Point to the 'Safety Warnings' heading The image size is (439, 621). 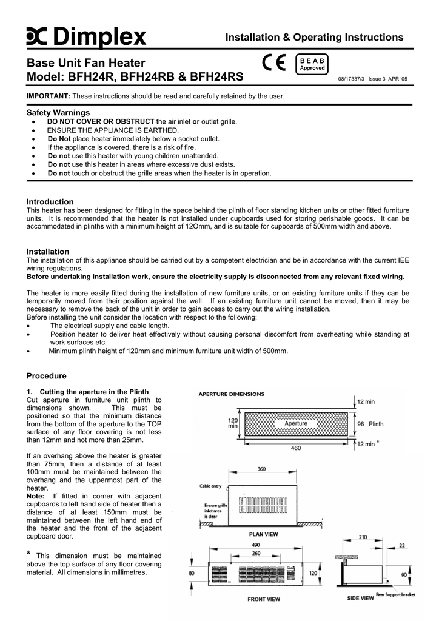(x=58, y=112)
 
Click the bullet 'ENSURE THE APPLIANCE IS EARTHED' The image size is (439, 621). (x=113, y=130)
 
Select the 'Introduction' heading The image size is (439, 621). (x=50, y=201)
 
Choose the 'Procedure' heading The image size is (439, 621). (x=47, y=375)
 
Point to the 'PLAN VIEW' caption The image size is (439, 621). (x=264, y=534)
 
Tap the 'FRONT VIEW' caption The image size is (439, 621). (x=264, y=599)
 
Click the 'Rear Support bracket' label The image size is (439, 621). (x=395, y=594)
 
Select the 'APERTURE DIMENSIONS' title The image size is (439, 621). (x=232, y=394)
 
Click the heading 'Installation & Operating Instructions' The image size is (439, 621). (x=314, y=38)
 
